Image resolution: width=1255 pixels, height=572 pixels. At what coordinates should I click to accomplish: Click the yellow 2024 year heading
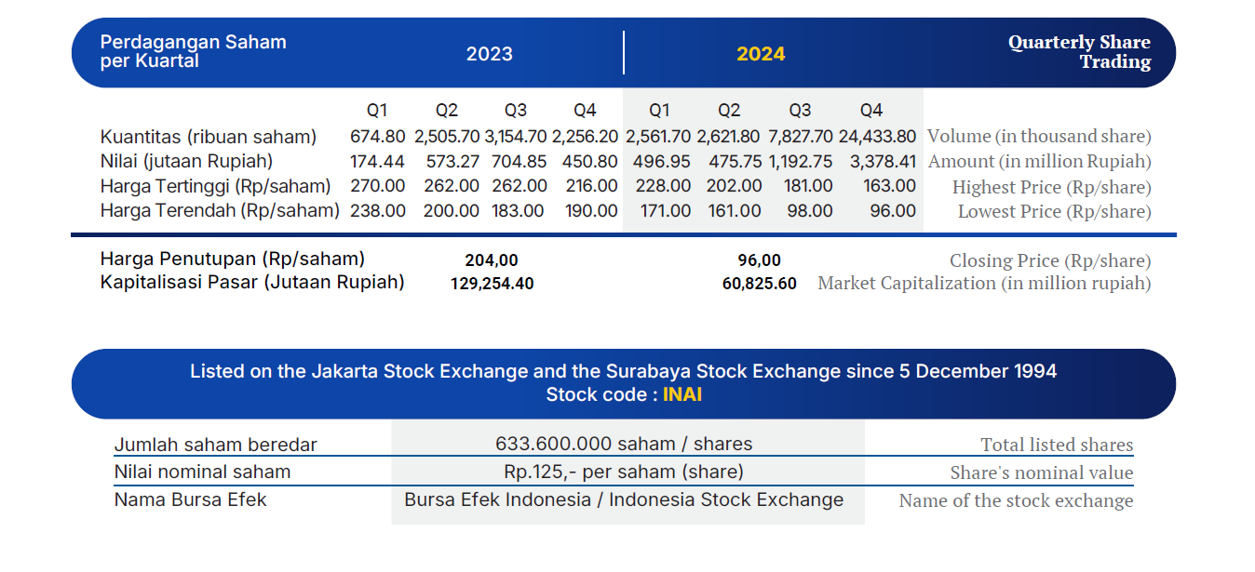coord(761,54)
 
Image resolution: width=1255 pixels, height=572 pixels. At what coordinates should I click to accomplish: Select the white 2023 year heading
coord(489,54)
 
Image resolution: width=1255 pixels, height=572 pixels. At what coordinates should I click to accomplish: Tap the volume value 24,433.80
coord(877,136)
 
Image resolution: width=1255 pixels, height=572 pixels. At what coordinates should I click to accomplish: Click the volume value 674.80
coord(378,136)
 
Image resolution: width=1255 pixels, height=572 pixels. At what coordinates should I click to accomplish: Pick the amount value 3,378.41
coord(883,161)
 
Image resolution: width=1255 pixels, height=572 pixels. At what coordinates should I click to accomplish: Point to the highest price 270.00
coord(378,185)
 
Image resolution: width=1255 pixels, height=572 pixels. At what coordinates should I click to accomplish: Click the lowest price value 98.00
coord(810,210)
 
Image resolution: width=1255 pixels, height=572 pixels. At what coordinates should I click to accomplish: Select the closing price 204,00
coord(492,259)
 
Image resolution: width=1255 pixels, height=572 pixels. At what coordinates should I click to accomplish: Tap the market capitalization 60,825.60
coord(759,283)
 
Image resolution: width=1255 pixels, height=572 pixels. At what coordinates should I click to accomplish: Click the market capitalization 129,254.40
coord(492,283)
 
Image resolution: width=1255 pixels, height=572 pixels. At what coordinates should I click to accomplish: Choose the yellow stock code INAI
coord(681,394)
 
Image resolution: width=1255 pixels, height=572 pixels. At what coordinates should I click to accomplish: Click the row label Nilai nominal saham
coord(202,472)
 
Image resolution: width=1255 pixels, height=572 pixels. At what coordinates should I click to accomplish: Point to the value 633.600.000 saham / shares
coord(624,444)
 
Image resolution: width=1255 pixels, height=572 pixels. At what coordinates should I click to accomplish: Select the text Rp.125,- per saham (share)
coord(624,472)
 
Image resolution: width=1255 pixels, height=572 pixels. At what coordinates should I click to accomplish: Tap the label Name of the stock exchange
coord(1016,500)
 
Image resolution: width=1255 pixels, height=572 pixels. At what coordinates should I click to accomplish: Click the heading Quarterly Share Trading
coord(1079,51)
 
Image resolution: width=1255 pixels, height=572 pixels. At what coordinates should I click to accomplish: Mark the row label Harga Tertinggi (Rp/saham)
coord(215,186)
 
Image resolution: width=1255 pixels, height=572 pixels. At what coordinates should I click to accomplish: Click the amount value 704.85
coord(519,161)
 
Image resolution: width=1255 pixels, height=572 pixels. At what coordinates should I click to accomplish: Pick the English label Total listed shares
coord(1057,445)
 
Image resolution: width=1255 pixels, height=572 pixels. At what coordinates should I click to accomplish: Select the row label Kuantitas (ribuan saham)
coord(208,137)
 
